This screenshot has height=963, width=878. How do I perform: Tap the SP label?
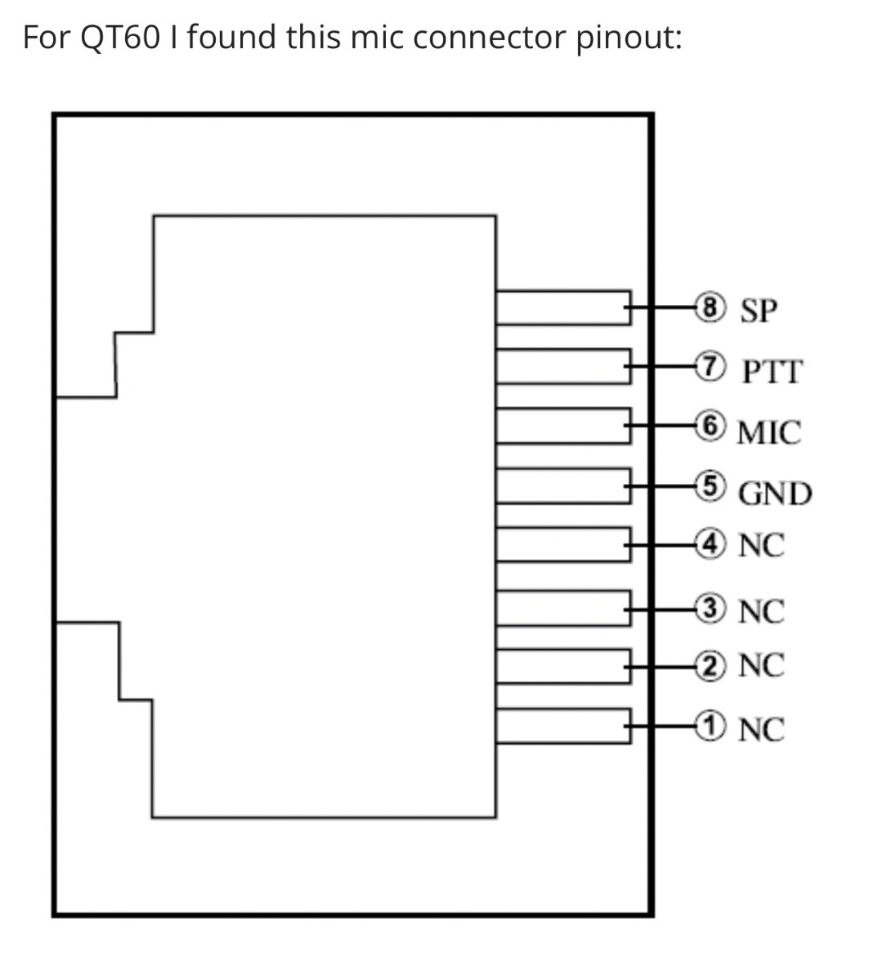(759, 311)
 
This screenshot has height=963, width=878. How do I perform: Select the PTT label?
(771, 372)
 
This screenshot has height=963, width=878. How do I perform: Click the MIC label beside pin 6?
(769, 433)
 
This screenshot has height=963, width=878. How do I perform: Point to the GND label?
(774, 493)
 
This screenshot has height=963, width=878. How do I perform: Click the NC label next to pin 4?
(761, 547)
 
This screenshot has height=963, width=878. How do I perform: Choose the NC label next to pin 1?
(761, 730)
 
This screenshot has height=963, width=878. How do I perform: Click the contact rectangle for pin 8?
(562, 307)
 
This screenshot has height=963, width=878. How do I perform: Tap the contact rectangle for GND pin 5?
(562, 486)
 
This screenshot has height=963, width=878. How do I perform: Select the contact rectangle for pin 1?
(562, 725)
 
